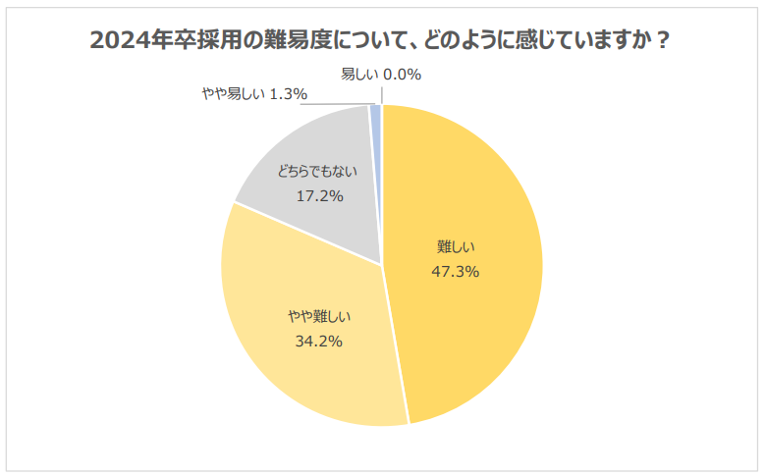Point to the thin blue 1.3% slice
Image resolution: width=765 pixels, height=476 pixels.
coord(376,116)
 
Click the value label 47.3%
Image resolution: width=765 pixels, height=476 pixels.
coord(456,272)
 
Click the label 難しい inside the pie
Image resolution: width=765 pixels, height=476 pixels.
coord(456,247)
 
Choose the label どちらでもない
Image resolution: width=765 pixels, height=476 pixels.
coord(316,171)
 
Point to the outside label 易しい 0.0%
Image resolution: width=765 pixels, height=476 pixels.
coord(381,74)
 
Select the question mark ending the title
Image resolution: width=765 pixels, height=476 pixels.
coord(665,41)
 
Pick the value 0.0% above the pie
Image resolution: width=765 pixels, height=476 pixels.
coord(403,74)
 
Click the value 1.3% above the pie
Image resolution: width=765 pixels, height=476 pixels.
coord(288,94)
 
